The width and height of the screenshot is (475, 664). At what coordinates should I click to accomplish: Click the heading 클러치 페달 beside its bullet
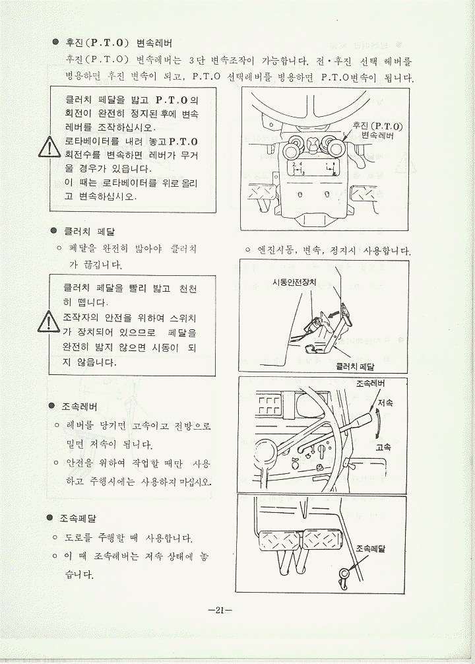pyautogui.click(x=89, y=232)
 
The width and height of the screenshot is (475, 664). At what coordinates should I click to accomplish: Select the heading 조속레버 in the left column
pyautogui.click(x=80, y=407)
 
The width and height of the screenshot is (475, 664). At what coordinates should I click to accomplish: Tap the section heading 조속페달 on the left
pyautogui.click(x=78, y=518)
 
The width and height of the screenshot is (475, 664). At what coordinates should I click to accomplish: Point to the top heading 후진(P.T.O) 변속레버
pyautogui.click(x=119, y=43)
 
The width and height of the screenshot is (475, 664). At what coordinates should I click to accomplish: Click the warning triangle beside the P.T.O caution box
pyautogui.click(x=50, y=147)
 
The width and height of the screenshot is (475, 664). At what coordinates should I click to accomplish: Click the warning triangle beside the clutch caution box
pyautogui.click(x=49, y=322)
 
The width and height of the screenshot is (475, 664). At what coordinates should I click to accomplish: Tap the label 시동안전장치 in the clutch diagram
pyautogui.click(x=294, y=282)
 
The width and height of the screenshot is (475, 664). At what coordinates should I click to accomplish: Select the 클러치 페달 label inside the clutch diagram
pyautogui.click(x=355, y=367)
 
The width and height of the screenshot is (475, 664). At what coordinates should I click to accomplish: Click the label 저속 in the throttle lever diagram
pyautogui.click(x=385, y=403)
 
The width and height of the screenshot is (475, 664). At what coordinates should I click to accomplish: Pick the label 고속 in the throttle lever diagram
pyautogui.click(x=383, y=447)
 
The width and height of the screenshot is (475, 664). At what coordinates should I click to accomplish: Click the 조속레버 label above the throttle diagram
pyautogui.click(x=370, y=383)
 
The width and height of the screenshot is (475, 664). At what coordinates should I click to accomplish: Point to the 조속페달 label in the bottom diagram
pyautogui.click(x=370, y=548)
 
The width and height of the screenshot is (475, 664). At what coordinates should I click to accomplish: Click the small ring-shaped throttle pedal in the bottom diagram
pyautogui.click(x=343, y=574)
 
